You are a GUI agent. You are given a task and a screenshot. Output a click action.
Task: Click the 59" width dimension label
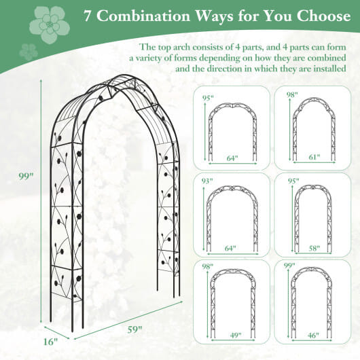pyautogui.click(x=135, y=329)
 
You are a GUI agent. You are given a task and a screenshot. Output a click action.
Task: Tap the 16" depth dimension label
pyautogui.click(x=50, y=342)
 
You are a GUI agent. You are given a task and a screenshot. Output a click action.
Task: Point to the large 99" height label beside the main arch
pyautogui.click(x=26, y=177)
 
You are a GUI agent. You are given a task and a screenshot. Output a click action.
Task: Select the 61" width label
pyautogui.click(x=314, y=157)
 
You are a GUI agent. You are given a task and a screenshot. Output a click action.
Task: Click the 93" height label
pyautogui.click(x=208, y=181)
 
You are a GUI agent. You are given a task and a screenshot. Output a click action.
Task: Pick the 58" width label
pyautogui.click(x=314, y=248)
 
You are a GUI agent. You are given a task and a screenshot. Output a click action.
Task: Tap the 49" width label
pyautogui.click(x=235, y=335)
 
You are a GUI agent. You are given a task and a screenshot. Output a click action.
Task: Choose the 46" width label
pyautogui.click(x=314, y=335)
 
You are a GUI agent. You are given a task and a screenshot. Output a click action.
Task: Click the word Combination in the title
pyautogui.click(x=144, y=16)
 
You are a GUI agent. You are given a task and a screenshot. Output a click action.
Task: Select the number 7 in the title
pyautogui.click(x=87, y=16)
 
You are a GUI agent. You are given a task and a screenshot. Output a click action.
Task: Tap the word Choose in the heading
pyautogui.click(x=323, y=16)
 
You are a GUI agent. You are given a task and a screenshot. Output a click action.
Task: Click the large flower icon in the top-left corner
pyautogui.click(x=50, y=24)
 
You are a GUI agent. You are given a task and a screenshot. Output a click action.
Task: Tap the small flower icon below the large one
pyautogui.click(x=29, y=52)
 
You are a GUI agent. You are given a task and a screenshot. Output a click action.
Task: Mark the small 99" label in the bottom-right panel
pyautogui.click(x=289, y=266)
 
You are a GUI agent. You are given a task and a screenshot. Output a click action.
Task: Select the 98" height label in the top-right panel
pyautogui.click(x=292, y=95)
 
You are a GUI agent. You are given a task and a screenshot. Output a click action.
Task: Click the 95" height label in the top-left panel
pyautogui.click(x=208, y=98)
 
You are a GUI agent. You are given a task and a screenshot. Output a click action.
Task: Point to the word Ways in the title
pyautogui.click(x=214, y=16)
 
